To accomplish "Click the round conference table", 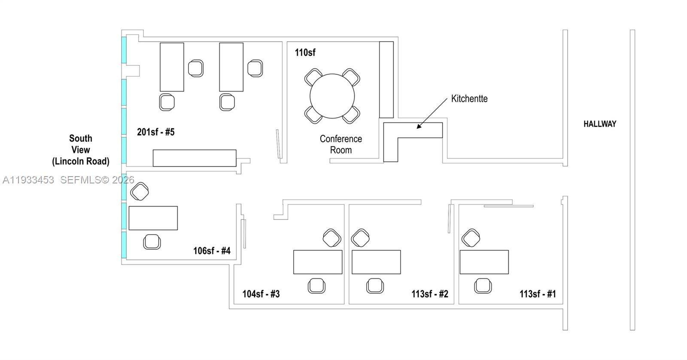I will click(x=332, y=96).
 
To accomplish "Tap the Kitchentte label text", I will click(x=469, y=99).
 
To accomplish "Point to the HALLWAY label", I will click(x=599, y=124).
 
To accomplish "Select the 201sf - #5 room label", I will click(x=156, y=132).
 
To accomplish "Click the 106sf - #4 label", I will click(x=212, y=251).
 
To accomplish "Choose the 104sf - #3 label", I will click(x=261, y=294).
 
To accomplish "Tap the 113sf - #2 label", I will click(x=430, y=294).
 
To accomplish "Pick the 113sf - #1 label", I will click(x=538, y=294).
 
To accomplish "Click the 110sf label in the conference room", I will click(x=305, y=53).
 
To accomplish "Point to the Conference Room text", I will click(x=341, y=144).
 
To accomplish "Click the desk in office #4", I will click(x=153, y=218).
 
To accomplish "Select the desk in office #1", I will click(x=484, y=262).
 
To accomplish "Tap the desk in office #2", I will click(x=376, y=262).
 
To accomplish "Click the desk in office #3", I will click(x=318, y=262).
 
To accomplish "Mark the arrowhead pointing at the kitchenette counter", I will click(x=419, y=127).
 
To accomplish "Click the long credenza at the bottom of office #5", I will click(x=195, y=158).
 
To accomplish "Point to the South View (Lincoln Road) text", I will click(x=81, y=150).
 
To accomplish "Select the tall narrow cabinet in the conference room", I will click(x=386, y=79).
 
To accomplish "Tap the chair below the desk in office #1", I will click(x=483, y=286).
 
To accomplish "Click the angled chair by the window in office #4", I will click(x=140, y=191).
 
